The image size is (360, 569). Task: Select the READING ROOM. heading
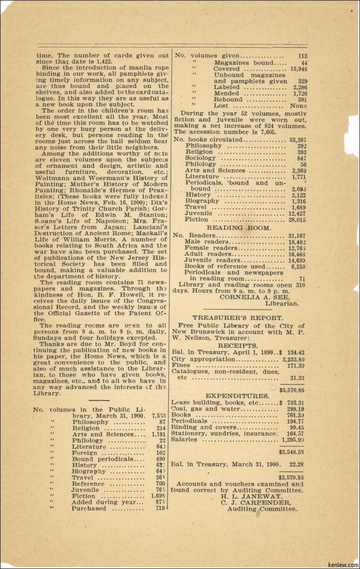pos(239,228)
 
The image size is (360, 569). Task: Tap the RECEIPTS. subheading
pos(238,346)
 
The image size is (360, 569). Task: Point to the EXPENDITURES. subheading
pos(237,396)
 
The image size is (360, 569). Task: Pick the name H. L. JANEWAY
pos(251,497)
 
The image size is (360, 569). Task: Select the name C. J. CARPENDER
pos(255,503)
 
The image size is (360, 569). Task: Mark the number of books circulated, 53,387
pos(298,140)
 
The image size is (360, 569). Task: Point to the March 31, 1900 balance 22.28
pos(297,464)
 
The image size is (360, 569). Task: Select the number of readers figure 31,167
pos(297,236)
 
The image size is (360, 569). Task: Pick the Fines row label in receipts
pos(180,365)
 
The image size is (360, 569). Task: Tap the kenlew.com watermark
pos(342,565)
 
